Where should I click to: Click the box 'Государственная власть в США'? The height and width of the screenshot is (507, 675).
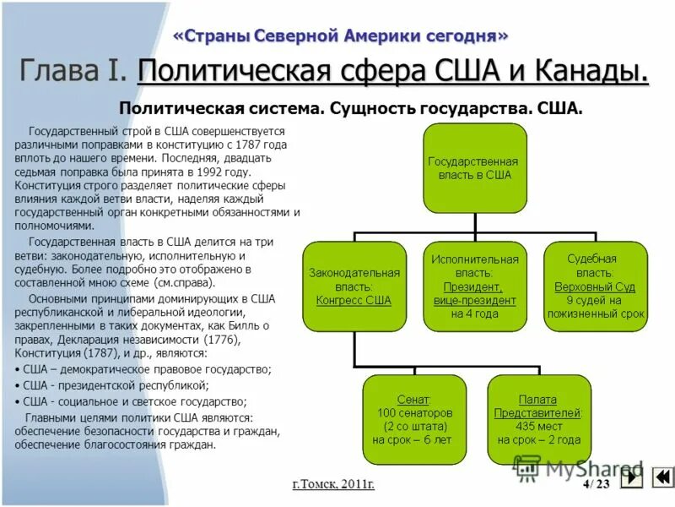[475, 167]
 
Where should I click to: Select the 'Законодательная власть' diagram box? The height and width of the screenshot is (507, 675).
[354, 286]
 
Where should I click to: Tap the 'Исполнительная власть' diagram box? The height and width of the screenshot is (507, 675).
[475, 286]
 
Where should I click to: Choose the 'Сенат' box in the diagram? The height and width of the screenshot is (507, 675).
[413, 418]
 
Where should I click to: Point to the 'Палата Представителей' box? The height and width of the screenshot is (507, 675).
[538, 418]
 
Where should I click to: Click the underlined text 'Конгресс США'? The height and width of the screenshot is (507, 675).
[354, 299]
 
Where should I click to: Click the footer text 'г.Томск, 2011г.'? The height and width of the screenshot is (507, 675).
[333, 483]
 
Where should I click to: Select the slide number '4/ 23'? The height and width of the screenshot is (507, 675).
[596, 483]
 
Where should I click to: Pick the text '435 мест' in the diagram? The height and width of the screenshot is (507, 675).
[538, 426]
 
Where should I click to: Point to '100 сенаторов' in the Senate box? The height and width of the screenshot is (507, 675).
[413, 413]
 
